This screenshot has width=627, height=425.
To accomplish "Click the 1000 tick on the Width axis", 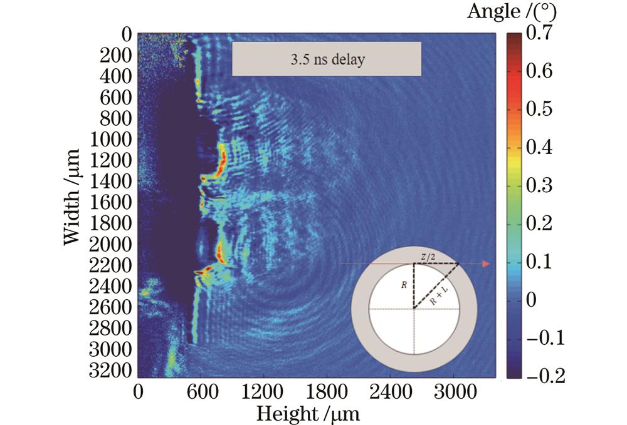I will pyautogui.click(x=112, y=140).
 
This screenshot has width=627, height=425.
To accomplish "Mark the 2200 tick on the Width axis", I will pyautogui.click(x=112, y=265).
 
